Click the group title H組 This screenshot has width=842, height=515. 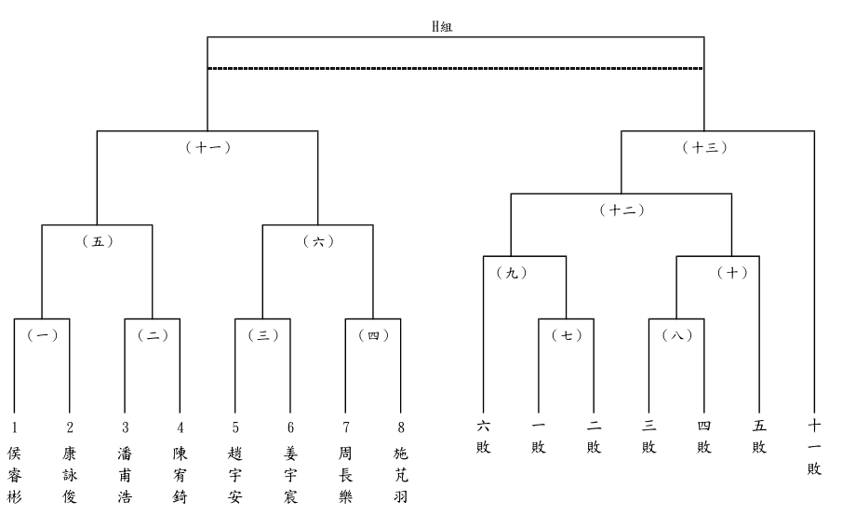[442, 27]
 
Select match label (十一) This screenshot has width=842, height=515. [207, 147]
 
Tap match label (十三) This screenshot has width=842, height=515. [704, 147]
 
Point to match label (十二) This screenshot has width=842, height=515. [621, 210]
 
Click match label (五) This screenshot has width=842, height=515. [97, 241]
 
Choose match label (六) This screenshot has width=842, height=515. [318, 241]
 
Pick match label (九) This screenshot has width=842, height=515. [511, 273]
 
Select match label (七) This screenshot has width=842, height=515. [566, 335]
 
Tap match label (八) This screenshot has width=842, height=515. [676, 335]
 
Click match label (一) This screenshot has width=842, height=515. [42, 335]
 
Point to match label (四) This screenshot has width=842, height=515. [373, 335]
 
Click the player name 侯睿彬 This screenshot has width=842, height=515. [14, 475]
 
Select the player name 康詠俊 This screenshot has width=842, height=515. [70, 475]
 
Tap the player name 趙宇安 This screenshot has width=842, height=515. [235, 475]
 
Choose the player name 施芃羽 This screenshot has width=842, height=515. [401, 475]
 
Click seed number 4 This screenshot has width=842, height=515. [180, 427]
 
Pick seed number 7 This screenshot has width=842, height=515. [345, 427]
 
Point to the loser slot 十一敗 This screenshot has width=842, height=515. [815, 448]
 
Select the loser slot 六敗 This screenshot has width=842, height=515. [484, 438]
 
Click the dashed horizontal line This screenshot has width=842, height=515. [455, 68]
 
